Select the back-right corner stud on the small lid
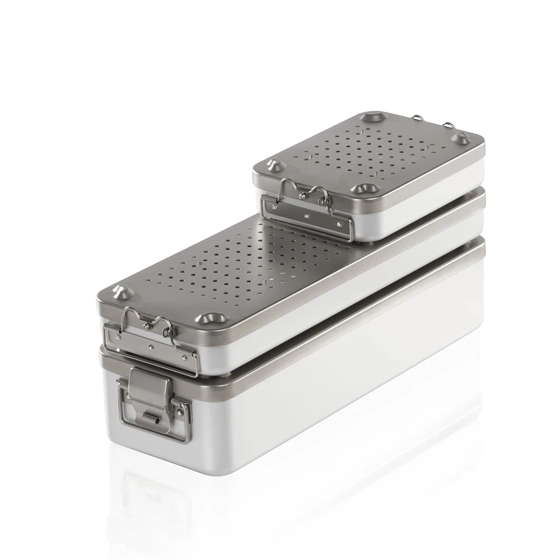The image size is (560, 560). coord(461,137)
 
